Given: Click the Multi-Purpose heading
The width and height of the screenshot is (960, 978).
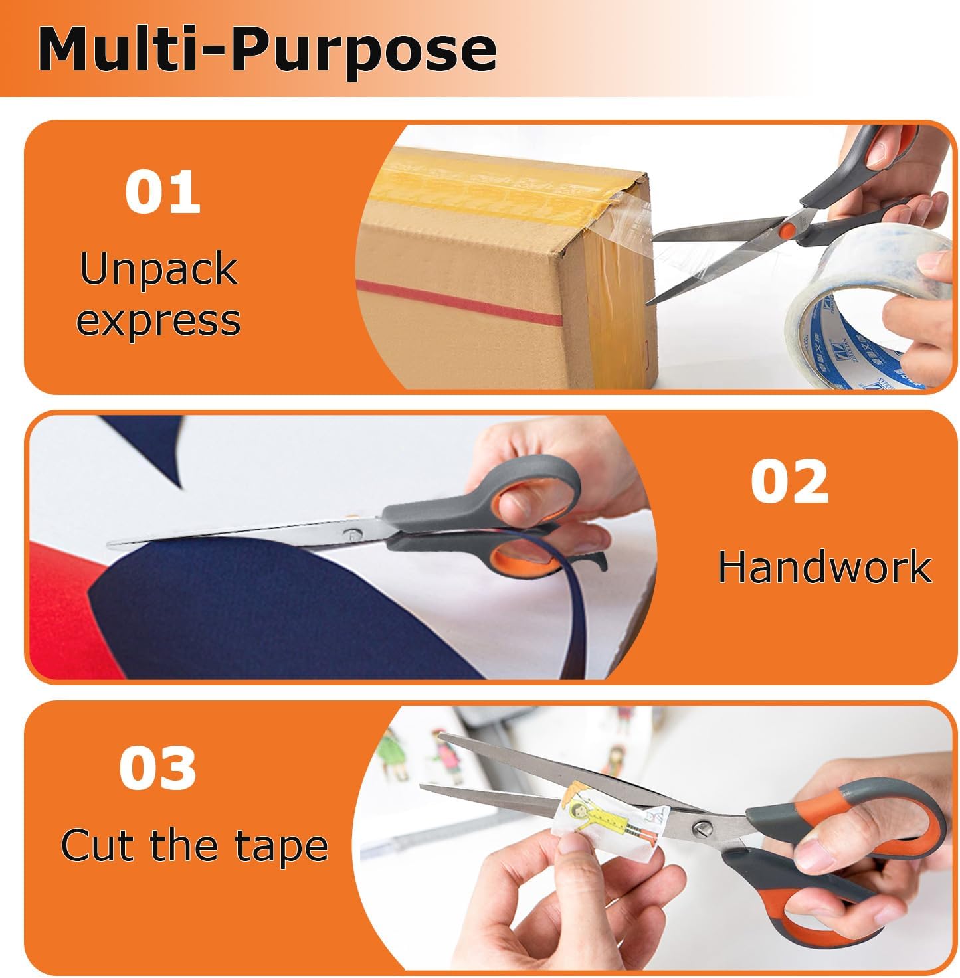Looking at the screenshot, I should point(267,50).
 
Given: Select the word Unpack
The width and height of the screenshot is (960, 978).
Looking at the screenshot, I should point(158,269).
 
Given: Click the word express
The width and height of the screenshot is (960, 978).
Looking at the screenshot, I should point(158,321).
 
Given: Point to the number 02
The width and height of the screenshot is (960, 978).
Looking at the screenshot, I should point(790,482).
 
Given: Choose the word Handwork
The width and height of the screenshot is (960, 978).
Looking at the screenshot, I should point(824,567).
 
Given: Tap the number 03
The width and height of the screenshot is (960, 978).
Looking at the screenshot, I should point(158,768).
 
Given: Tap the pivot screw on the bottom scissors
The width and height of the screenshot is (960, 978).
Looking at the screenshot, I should point(703,827).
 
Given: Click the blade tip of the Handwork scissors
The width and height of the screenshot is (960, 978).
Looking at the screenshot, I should point(113,544).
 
